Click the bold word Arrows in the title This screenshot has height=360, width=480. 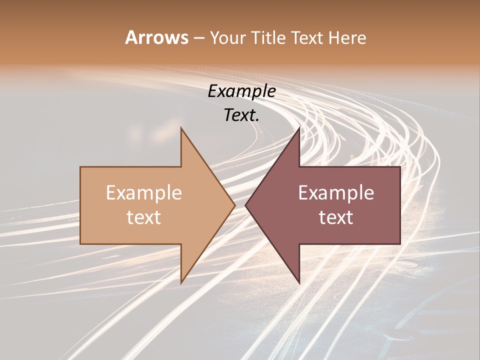[156, 37]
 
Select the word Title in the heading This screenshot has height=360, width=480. [269, 38]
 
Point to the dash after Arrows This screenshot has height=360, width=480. [198, 38]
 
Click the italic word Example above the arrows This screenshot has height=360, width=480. [241, 91]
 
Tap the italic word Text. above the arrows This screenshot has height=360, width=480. [241, 115]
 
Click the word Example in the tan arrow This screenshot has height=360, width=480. [143, 192]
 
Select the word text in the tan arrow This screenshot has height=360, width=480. [143, 217]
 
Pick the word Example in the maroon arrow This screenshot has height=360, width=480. [336, 192]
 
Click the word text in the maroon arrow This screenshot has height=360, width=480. [336, 217]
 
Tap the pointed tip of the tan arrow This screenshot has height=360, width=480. [234, 205]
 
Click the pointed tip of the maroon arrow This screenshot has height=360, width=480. [246, 205]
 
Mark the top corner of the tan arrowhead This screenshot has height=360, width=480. [181, 128]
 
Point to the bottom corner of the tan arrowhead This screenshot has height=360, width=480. [181, 283]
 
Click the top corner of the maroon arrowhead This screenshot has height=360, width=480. [299, 128]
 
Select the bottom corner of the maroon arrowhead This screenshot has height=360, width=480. [299, 283]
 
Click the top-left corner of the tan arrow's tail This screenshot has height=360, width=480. [80, 167]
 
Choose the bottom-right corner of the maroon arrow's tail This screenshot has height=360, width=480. [400, 244]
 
